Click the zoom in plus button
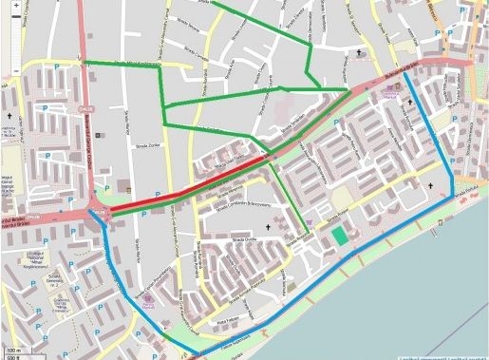pyautogui.click(x=16, y=5)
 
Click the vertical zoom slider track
pyautogui.click(x=16, y=38)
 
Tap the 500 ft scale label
pyautogui.click(x=12, y=357)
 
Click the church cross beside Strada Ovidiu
pyautogui.click(x=268, y=229)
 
